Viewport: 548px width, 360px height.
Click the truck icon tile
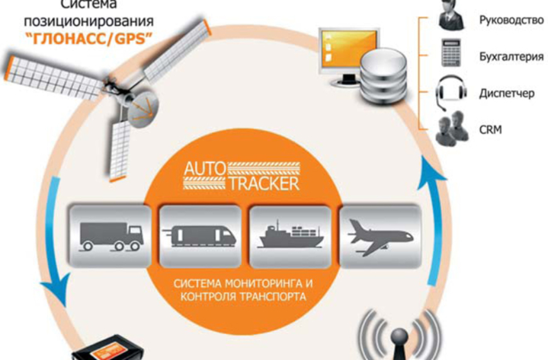point(110,234)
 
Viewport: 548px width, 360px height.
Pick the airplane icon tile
point(379,234)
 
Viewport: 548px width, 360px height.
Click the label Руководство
point(511,20)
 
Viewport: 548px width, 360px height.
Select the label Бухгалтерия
point(511,56)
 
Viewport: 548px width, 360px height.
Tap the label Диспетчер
point(506,93)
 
